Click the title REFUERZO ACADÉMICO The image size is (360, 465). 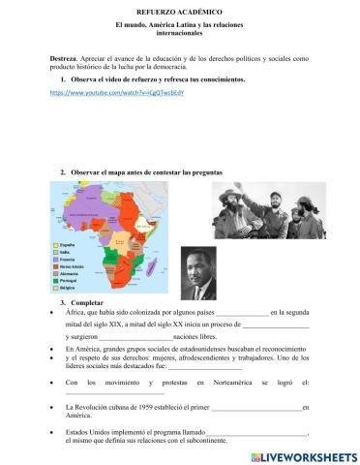[180, 8]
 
